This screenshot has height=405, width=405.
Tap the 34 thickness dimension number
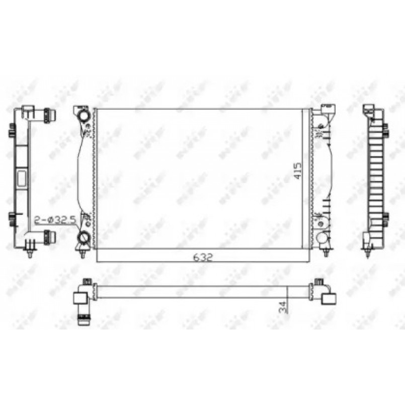click(283, 306)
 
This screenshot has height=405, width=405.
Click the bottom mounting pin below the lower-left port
click(82, 252)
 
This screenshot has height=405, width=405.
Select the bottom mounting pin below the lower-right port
click(327, 252)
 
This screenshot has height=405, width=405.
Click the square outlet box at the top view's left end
click(80, 298)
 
